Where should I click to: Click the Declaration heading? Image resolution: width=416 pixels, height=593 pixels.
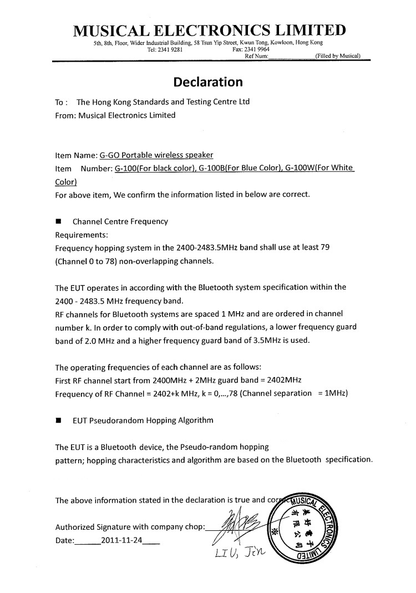coord(208,82)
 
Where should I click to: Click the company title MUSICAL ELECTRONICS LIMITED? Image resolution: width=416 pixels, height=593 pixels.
coord(210,30)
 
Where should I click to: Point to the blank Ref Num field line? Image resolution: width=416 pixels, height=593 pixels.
coord(291,57)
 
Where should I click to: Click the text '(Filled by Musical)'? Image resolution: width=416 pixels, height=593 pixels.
coord(338,55)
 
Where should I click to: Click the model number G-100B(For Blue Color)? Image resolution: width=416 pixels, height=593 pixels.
coord(232,168)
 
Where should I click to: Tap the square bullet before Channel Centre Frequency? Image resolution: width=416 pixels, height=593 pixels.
coord(58,221)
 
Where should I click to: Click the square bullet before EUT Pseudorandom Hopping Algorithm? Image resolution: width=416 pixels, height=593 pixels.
coord(58,420)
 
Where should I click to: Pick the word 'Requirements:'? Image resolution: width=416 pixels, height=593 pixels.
coord(82,235)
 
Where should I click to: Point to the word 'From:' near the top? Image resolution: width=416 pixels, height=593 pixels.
coord(65,115)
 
